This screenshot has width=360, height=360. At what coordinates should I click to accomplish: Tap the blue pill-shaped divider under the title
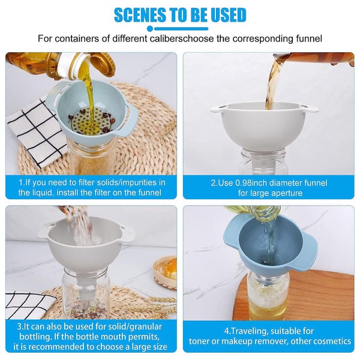click(x=180, y=28)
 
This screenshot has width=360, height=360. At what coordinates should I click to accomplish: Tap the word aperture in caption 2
click(x=284, y=193)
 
